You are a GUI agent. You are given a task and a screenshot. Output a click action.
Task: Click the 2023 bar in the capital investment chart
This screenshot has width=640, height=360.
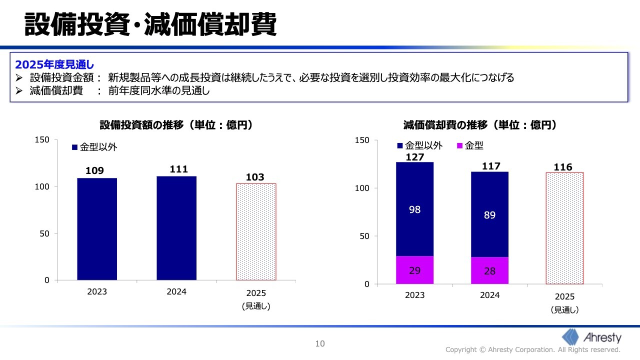click(97, 229)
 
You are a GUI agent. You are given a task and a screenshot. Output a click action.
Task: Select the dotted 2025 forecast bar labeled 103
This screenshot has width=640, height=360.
click(255, 231)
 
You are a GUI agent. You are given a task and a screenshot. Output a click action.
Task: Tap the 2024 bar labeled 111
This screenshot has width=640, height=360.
click(176, 228)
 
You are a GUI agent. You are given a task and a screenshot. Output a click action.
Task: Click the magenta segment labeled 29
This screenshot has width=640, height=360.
click(414, 270)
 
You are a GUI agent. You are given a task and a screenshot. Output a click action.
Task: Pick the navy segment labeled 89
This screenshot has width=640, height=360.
click(489, 215)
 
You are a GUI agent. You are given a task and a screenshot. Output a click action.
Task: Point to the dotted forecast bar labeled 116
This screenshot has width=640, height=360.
click(564, 228)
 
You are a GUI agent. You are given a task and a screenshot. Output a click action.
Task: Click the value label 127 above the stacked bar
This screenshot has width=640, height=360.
click(414, 157)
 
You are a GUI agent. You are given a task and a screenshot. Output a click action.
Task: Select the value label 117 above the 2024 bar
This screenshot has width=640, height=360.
click(490, 166)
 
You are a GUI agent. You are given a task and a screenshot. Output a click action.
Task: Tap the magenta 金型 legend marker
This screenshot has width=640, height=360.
click(460, 146)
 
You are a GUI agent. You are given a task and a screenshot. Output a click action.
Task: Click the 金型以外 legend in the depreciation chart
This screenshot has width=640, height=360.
click(419, 146)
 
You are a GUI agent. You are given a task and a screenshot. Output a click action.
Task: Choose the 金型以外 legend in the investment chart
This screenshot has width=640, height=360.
click(94, 147)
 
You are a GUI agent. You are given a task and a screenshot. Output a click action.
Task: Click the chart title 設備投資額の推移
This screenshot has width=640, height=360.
click(175, 125)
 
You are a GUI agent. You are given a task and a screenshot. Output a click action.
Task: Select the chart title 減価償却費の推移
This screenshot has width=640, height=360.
click(480, 125)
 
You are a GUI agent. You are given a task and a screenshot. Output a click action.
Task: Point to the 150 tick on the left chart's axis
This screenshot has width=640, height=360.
click(42, 140)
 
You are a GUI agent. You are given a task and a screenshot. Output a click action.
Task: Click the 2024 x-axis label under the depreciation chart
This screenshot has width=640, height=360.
click(489, 295)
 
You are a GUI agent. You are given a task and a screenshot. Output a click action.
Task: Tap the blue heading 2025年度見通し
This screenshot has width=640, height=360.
click(55, 64)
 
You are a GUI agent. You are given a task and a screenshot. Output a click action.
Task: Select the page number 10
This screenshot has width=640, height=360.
click(320, 343)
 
